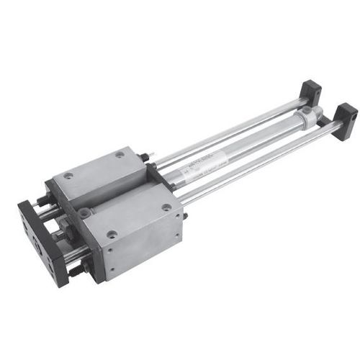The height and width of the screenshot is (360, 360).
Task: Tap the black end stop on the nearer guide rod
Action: point(345,115)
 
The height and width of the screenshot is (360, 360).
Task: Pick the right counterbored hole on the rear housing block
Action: point(120,154)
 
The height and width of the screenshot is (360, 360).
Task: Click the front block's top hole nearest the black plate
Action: point(86,212)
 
